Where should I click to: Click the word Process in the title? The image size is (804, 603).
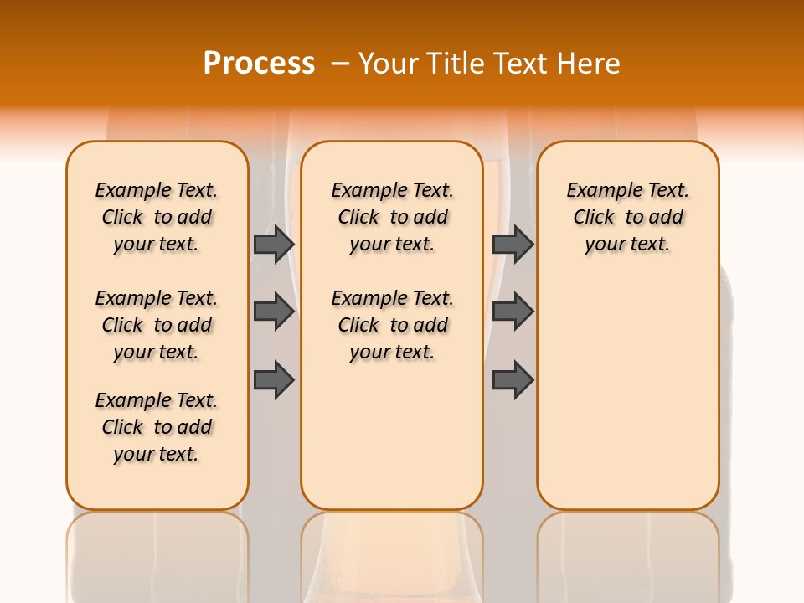point(259,64)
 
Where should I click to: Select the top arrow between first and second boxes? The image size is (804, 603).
point(274,244)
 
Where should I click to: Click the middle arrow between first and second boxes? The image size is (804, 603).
point(274,312)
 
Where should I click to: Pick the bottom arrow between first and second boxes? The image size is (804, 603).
point(274,380)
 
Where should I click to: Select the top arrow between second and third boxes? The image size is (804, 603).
point(513,244)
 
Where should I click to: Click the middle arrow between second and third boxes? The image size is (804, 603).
point(513,312)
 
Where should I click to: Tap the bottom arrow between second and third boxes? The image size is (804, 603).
point(513,380)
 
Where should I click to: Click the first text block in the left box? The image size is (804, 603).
point(157,217)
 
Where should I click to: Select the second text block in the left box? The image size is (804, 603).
point(157,325)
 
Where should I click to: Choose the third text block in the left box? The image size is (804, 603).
point(157,427)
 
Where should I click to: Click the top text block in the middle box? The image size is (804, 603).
point(392,217)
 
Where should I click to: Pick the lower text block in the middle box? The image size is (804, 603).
point(392,325)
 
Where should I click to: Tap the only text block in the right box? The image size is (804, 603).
point(627,217)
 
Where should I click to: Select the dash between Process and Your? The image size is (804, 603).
point(340,64)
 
